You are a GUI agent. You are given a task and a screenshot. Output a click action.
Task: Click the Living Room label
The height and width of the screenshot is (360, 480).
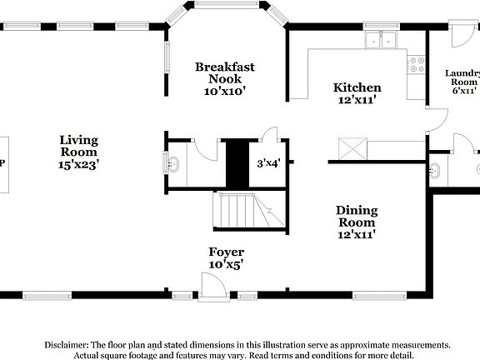point(79,146)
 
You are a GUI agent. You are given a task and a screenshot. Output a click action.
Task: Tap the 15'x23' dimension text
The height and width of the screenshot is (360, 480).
point(79,165)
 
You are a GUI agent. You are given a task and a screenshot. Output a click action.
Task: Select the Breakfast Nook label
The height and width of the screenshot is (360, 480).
point(225,72)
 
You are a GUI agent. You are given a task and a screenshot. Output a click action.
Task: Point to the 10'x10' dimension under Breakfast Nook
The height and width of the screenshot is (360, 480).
point(225,91)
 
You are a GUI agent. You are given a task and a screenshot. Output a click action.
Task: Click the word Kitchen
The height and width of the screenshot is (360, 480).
point(357,87)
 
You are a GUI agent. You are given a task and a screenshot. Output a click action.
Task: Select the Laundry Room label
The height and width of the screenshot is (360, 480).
point(463,78)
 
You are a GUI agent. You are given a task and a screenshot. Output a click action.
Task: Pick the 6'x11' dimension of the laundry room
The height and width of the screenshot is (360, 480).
point(464,91)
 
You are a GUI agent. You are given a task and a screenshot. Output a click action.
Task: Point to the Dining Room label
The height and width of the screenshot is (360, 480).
point(357,217)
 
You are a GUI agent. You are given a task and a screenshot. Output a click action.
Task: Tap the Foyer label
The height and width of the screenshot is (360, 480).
point(226,252)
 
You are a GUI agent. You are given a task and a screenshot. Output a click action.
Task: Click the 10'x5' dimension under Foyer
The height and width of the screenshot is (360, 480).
point(226,264)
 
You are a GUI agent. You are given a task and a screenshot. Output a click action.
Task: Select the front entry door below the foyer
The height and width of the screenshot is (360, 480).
point(215,286)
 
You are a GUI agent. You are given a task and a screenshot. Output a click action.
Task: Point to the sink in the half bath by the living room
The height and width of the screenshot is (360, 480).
point(172,163)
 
